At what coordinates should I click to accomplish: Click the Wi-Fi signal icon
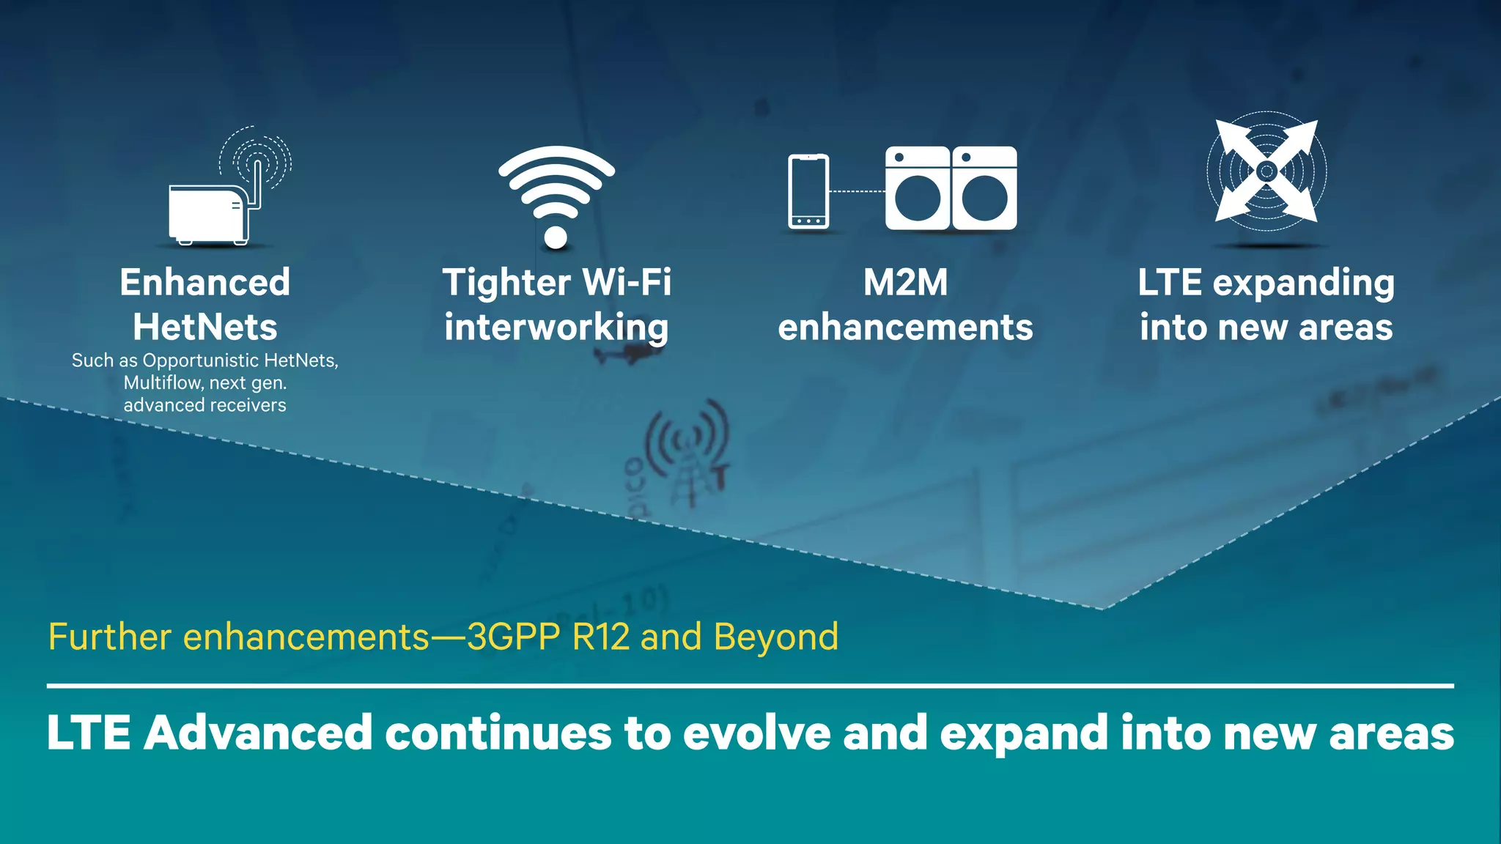point(556,194)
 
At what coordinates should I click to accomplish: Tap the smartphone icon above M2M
point(808,192)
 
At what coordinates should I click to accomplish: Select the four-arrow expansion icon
point(1266,171)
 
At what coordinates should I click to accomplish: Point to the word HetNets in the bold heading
point(205,327)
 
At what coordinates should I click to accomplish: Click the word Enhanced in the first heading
point(205,283)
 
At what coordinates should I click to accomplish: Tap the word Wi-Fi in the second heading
point(626,283)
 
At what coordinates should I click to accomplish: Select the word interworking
point(556,327)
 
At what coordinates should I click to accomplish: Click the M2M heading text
point(905,283)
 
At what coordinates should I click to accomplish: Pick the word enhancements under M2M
point(905,327)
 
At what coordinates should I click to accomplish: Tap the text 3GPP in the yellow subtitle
point(513,637)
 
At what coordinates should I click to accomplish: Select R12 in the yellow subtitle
point(600,637)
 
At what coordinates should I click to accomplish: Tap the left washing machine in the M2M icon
point(917,188)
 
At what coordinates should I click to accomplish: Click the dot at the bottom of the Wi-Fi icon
point(556,237)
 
